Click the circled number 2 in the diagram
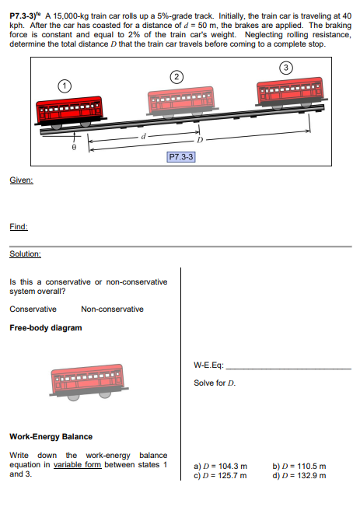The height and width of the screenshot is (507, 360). (177, 76)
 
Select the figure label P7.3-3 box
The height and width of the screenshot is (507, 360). (181, 156)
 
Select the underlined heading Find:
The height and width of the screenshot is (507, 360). (19, 226)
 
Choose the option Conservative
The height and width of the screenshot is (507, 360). (33, 309)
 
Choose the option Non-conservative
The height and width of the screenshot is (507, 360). (112, 309)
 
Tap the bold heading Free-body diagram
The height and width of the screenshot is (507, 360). (45, 327)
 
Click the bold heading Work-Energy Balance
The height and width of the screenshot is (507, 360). (51, 436)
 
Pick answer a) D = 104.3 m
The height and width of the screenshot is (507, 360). (220, 467)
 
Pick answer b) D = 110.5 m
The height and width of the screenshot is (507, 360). (299, 467)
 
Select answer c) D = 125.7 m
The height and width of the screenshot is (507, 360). (220, 475)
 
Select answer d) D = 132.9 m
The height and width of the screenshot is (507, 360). (299, 475)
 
